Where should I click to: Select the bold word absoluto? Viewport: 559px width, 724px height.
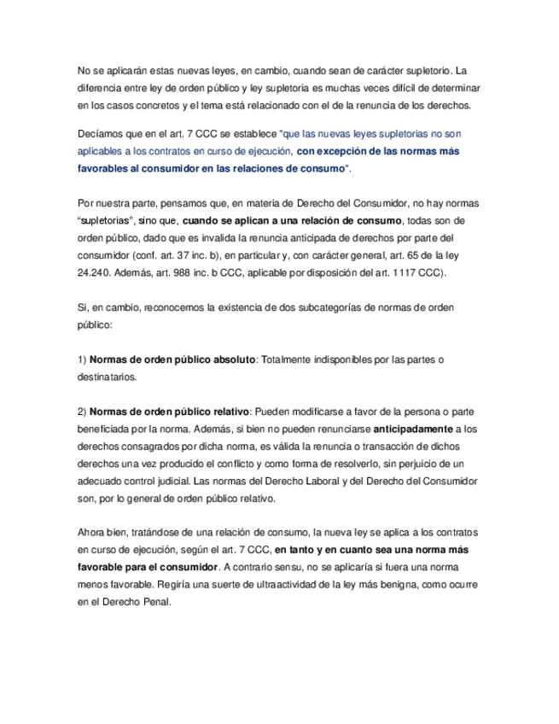click(225, 359)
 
